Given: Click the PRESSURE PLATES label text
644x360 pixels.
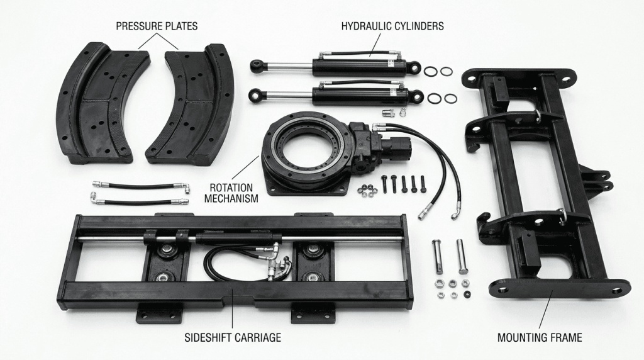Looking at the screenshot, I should (157, 26).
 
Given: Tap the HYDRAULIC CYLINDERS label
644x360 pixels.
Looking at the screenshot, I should (392, 26).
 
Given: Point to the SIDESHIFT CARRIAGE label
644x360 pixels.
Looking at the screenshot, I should (233, 337).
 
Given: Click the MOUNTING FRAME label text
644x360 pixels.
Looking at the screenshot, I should (540, 337).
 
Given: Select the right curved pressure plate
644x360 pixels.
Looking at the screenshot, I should (192, 104).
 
